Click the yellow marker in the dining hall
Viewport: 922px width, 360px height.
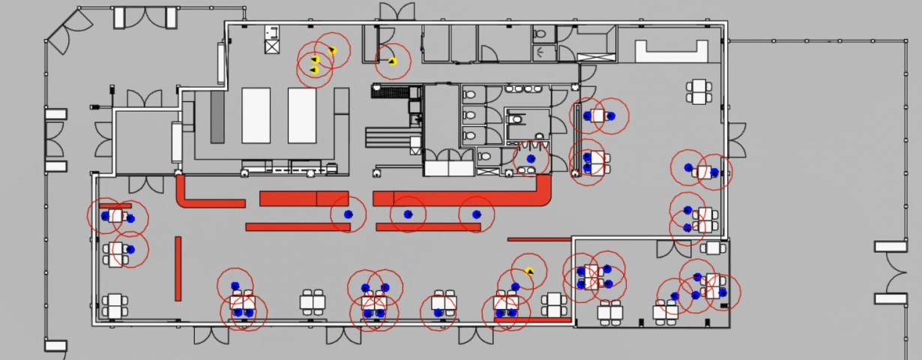pos(529,271)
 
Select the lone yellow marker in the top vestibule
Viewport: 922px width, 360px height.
pos(392,61)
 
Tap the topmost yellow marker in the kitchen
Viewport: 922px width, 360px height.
pos(331,51)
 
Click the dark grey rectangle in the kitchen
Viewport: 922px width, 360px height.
pos(217,118)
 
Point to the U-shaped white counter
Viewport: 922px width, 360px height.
pos(672,51)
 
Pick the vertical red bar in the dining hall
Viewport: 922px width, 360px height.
pos(178,268)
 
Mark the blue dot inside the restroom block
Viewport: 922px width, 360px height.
pos(531,159)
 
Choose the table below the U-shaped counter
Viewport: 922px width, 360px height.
pos(699,91)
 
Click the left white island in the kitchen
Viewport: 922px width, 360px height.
pos(256,115)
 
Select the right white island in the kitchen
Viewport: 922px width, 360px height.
pos(302,115)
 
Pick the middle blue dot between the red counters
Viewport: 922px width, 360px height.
pos(408,214)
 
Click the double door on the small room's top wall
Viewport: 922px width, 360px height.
pos(674,248)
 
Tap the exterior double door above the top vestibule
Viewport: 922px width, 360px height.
pos(397,12)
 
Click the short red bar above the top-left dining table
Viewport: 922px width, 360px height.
pos(115,205)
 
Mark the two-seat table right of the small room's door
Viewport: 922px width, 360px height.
pos(714,247)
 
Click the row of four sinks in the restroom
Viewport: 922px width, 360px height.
pos(523,88)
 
